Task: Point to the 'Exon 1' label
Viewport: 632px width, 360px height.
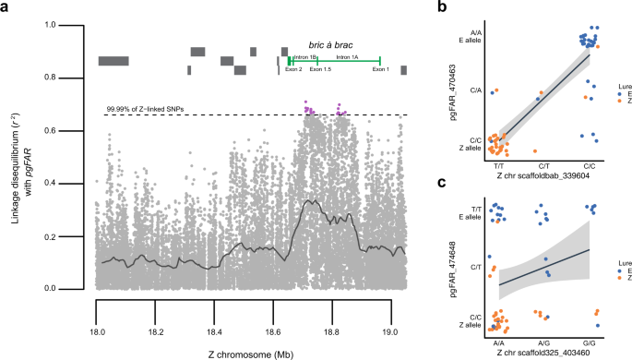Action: coord(381,70)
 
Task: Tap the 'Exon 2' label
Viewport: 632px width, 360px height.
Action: coord(293,70)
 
